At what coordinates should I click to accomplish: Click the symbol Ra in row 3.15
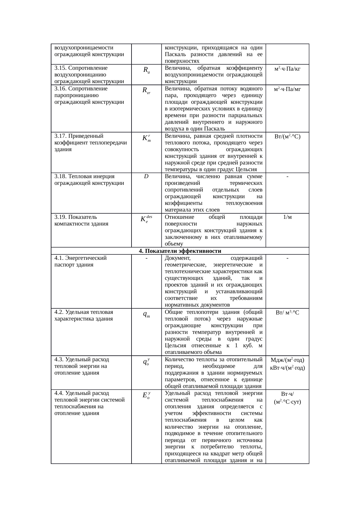[x=146, y=70]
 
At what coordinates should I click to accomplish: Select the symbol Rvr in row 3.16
[x=146, y=91]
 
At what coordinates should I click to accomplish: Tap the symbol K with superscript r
[x=146, y=138]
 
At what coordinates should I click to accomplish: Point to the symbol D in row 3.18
[x=146, y=176]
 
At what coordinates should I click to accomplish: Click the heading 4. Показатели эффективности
[x=180, y=251]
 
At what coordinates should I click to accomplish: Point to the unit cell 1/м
[x=287, y=217]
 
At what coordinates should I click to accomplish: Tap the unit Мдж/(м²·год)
[x=287, y=360]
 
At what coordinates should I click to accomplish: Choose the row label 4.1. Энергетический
[x=80, y=258]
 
